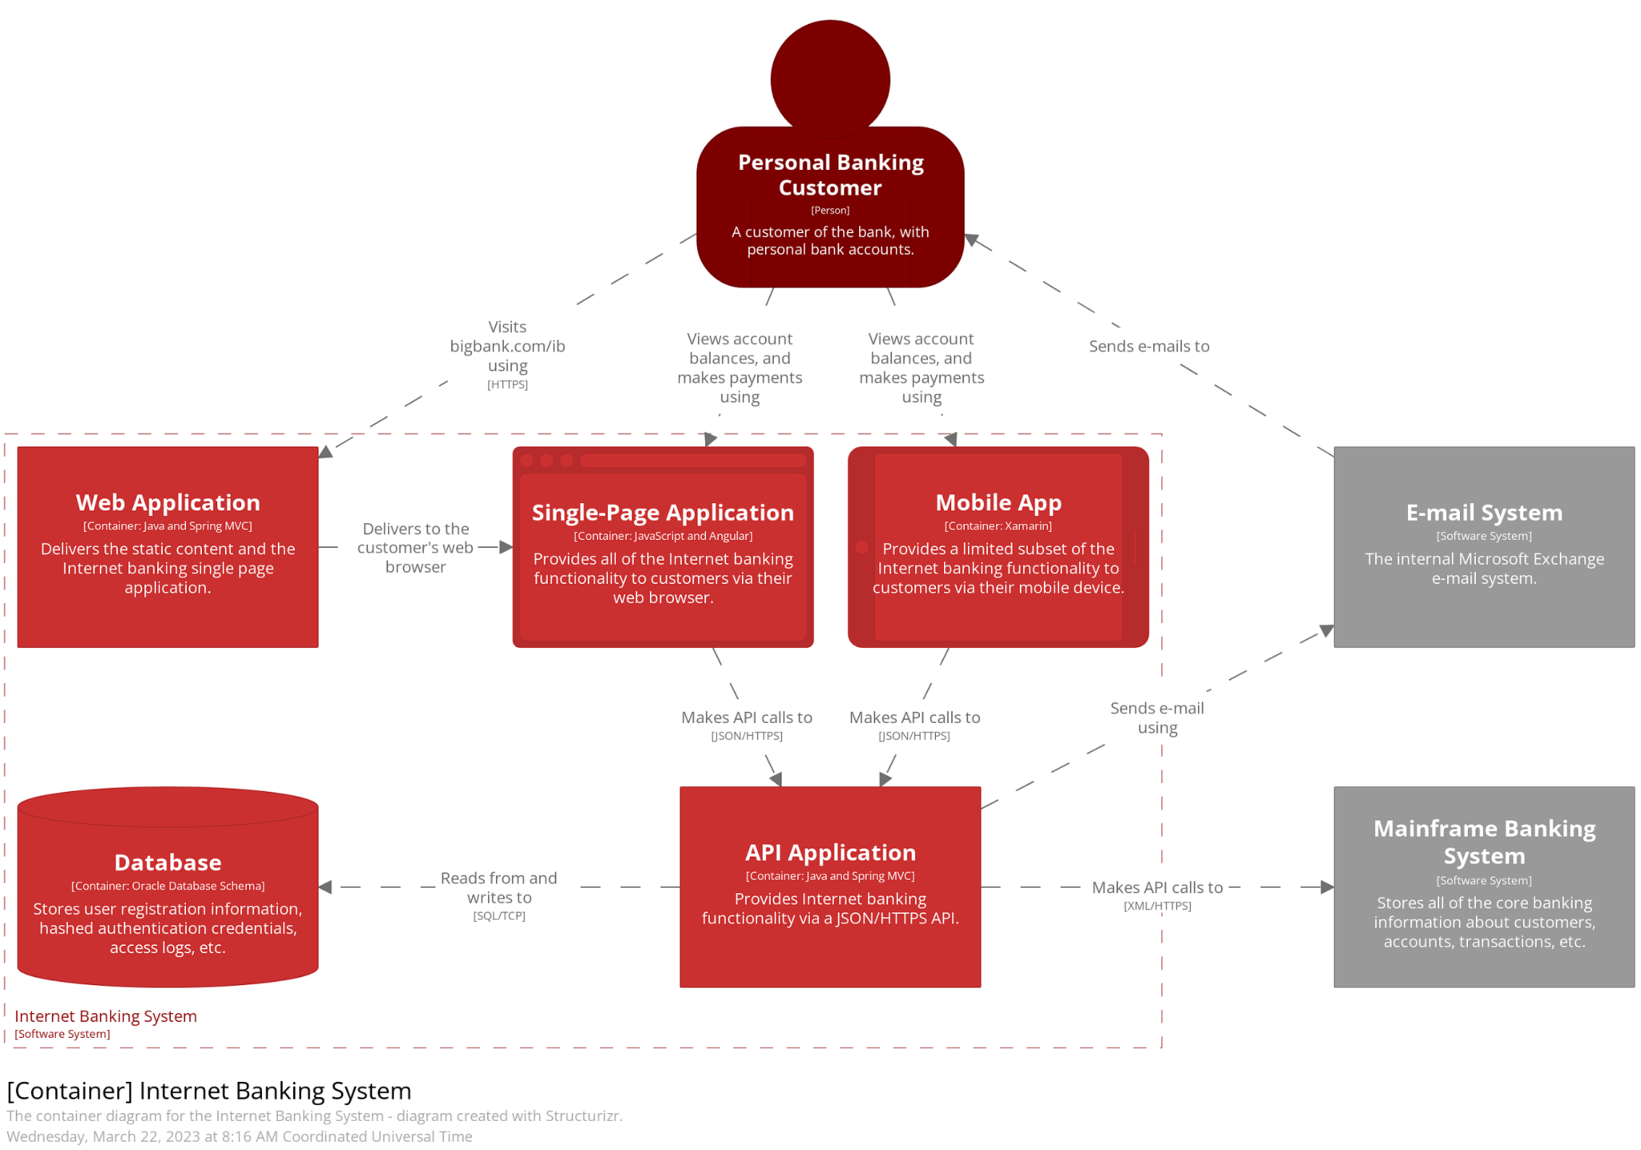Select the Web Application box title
(167, 502)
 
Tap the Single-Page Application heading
(663, 513)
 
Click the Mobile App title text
(998, 502)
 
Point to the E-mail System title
(1483, 513)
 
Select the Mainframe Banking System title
(1483, 841)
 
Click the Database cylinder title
(167, 862)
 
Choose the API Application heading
(829, 852)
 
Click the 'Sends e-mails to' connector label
(1148, 346)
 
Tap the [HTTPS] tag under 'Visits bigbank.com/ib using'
(507, 384)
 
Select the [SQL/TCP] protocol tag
(498, 915)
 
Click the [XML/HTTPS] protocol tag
(1156, 906)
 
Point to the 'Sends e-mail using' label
(1156, 718)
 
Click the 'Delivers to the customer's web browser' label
(415, 547)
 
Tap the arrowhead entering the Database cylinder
(325, 887)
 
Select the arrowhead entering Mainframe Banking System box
(1326, 887)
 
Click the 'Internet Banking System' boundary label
(105, 1015)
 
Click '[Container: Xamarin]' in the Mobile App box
(998, 526)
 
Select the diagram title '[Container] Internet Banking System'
(208, 1091)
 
